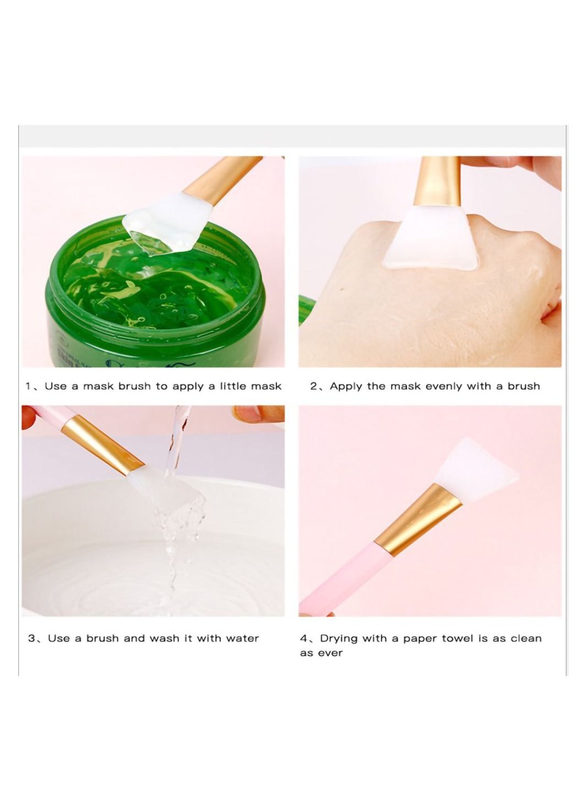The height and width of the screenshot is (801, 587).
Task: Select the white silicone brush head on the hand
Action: coord(431,237)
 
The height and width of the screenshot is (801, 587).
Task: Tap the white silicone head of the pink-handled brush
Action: coord(475,469)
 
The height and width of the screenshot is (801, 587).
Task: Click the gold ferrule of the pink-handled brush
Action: coord(418,519)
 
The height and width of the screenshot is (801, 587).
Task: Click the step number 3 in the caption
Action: coord(31,638)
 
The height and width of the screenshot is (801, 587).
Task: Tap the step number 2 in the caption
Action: coord(313,386)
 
